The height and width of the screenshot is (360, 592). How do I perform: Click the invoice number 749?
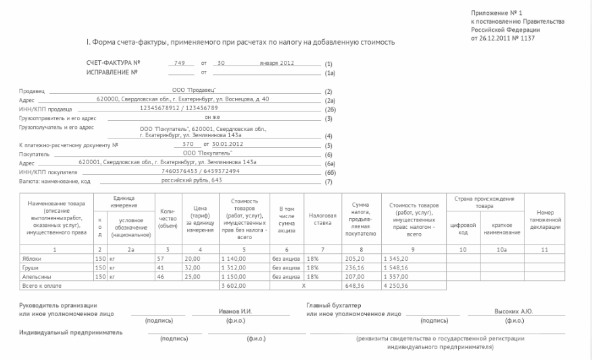179,63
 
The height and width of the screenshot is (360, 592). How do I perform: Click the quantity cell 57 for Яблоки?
161,259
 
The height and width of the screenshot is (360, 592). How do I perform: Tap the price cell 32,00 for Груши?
193,267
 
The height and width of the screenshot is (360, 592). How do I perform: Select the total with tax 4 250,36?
395,286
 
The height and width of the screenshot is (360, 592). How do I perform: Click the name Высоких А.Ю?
514,311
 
